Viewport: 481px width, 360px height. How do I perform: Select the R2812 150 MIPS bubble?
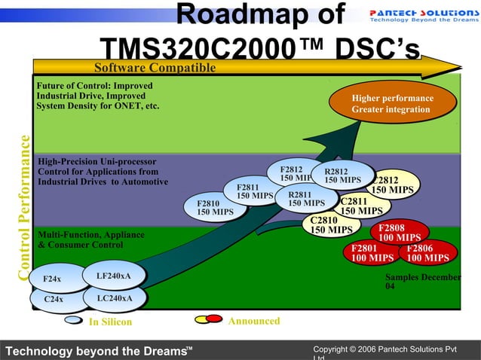click(x=343, y=175)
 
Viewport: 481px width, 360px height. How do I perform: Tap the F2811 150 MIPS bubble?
click(x=250, y=191)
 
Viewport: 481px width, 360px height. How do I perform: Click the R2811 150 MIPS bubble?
click(x=306, y=199)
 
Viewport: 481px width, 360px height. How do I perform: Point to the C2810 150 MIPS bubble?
click(x=330, y=225)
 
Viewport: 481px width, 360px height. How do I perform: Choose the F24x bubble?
click(x=53, y=279)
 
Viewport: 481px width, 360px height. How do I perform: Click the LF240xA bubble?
click(x=114, y=276)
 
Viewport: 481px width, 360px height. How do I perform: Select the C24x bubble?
click(x=54, y=299)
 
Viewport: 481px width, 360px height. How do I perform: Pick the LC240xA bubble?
click(x=115, y=298)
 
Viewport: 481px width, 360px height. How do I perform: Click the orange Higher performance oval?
click(x=392, y=104)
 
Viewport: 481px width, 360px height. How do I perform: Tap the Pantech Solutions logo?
click(x=422, y=17)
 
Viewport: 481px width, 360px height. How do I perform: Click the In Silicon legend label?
click(x=110, y=322)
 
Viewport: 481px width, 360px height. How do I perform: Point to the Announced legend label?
click(x=253, y=321)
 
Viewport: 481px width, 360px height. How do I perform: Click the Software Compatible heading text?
click(x=155, y=69)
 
